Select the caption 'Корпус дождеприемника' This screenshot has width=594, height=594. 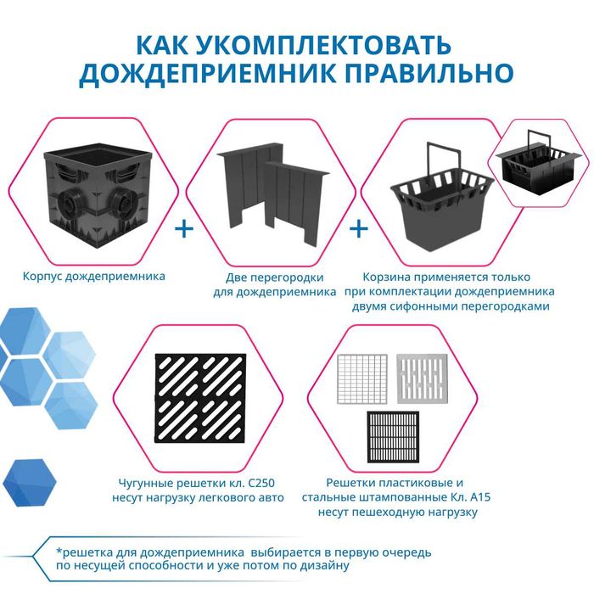[94, 276]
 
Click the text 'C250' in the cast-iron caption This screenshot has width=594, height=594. [258, 484]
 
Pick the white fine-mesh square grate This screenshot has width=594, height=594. [361, 377]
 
